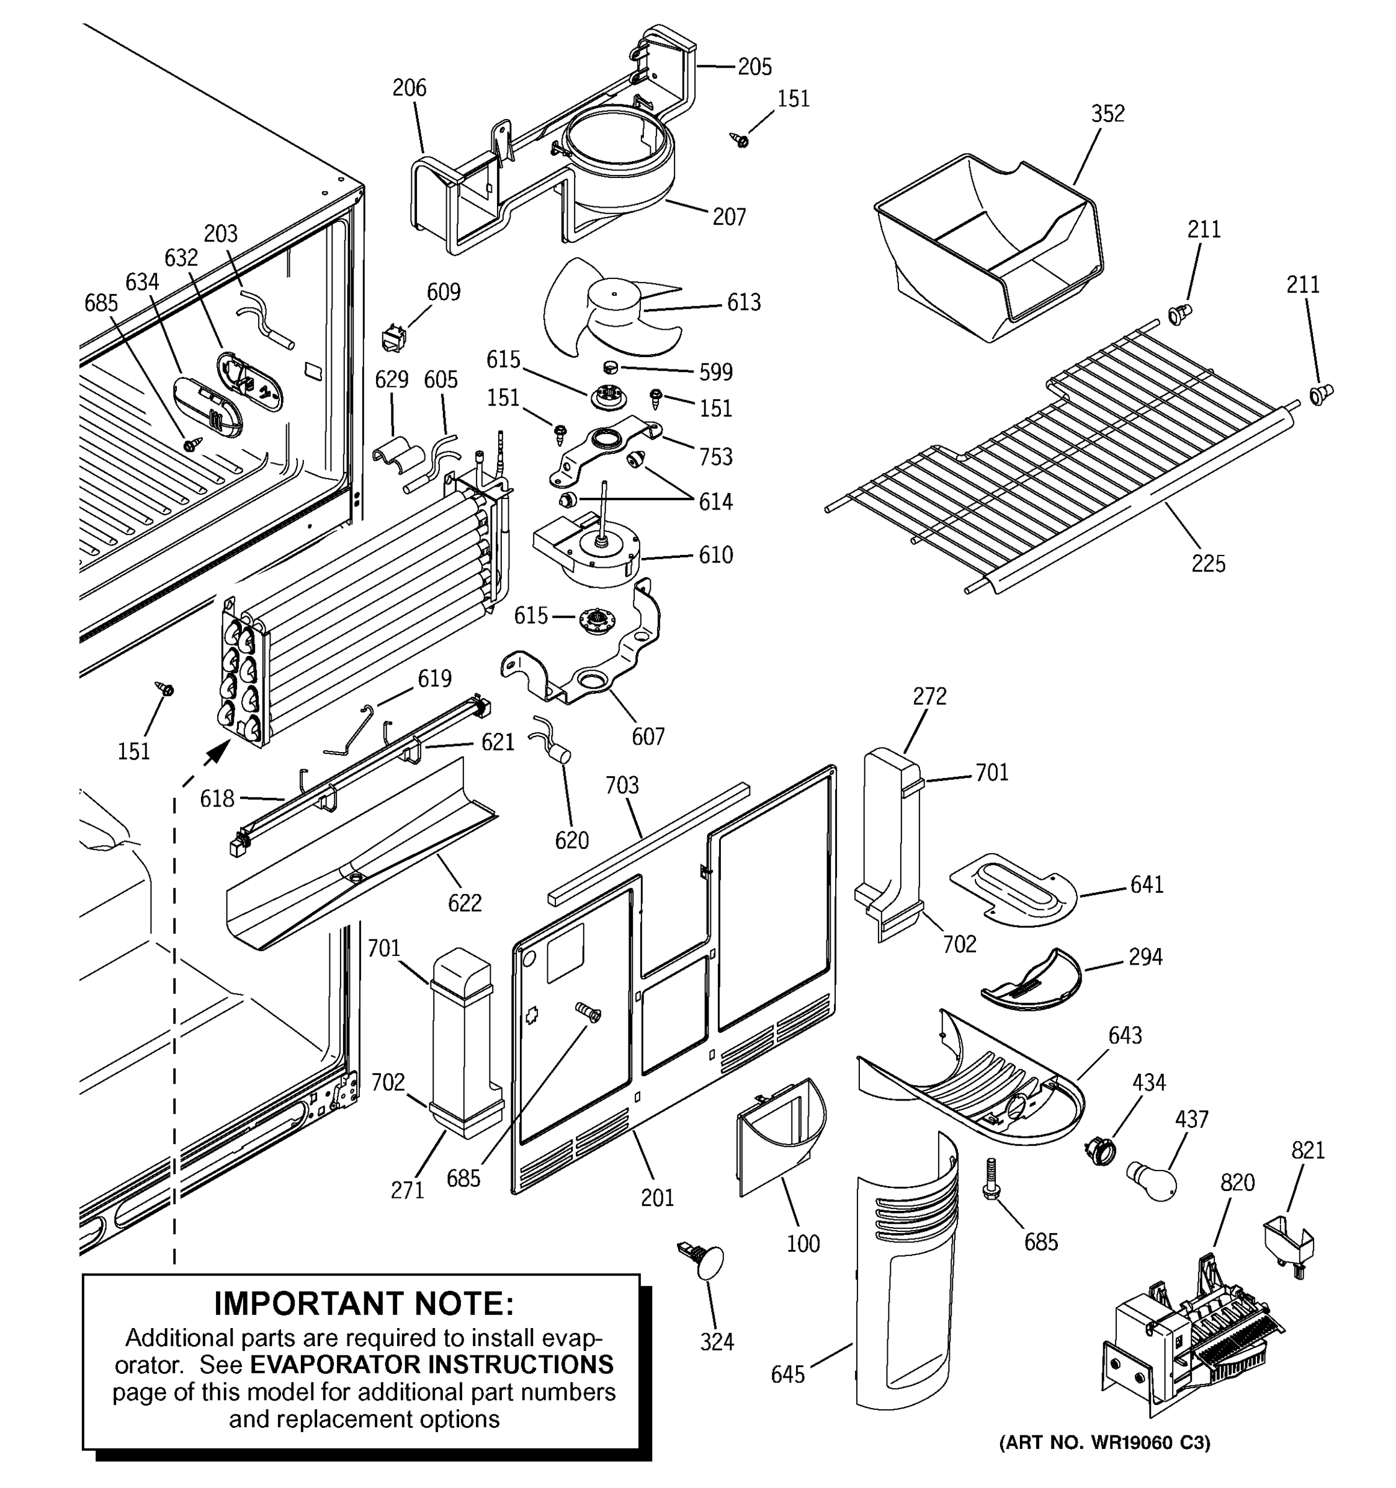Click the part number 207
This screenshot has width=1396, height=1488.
(x=728, y=217)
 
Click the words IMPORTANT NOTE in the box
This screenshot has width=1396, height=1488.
(x=364, y=1303)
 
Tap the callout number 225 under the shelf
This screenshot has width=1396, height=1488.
(x=1208, y=563)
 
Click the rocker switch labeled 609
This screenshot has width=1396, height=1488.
(x=393, y=339)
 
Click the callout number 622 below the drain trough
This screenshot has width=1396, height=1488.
(x=464, y=903)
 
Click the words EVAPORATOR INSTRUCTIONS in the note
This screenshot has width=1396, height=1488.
(x=431, y=1365)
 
